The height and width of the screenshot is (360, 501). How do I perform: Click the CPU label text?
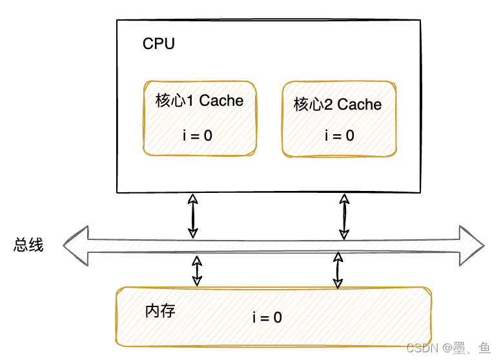point(158,45)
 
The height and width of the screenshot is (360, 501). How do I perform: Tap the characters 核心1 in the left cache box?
point(175,101)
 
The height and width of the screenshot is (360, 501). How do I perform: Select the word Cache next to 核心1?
point(221,101)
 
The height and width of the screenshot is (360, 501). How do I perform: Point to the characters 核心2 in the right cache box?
point(313,105)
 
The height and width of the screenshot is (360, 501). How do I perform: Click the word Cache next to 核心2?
point(360,105)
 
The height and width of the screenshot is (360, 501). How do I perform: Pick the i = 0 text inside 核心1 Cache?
point(197,135)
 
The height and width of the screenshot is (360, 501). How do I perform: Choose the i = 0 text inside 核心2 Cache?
point(339,135)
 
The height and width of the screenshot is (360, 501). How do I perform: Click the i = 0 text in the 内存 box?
point(267,317)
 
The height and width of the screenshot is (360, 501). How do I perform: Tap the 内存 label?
point(159,311)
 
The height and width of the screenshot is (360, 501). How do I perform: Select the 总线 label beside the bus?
point(28,245)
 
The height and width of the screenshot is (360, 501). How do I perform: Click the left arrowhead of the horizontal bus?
point(76,246)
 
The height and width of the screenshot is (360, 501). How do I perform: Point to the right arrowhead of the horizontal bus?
point(471,246)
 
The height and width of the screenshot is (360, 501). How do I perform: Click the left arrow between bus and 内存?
point(197,270)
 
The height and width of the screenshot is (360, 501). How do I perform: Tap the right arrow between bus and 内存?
point(337,270)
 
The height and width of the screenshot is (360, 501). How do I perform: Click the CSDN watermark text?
point(422,348)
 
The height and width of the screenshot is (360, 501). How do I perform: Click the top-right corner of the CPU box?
point(420,20)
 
